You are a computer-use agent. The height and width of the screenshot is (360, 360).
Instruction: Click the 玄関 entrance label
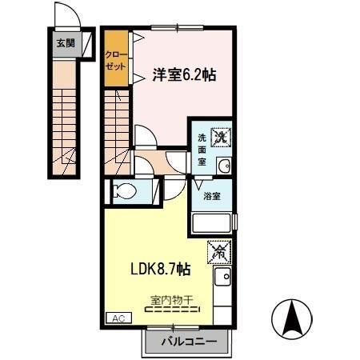point(66,43)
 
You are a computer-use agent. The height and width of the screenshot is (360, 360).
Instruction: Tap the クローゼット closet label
point(116,61)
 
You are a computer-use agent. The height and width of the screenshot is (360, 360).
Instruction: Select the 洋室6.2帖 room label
point(184,74)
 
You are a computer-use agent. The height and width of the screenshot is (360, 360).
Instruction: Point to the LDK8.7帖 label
point(161,269)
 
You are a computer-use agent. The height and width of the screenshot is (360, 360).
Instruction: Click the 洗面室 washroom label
point(202,150)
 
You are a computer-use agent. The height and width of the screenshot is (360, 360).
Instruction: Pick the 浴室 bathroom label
point(212,196)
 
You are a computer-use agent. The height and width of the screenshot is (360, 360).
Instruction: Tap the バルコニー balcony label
point(189,342)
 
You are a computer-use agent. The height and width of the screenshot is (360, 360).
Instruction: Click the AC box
point(119,318)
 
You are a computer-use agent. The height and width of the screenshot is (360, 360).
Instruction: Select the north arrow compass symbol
point(292,319)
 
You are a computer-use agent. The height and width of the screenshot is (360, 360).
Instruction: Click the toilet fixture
point(124,191)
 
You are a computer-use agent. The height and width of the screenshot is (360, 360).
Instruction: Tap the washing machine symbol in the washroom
point(221,137)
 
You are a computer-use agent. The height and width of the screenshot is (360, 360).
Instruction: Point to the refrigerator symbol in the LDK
point(219,252)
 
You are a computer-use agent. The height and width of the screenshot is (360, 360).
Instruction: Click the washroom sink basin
point(224,166)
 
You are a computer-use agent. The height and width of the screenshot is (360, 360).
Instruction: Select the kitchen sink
point(223,277)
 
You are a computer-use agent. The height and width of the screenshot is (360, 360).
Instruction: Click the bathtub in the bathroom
point(211,223)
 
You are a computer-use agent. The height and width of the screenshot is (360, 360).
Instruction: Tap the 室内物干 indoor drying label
point(172,300)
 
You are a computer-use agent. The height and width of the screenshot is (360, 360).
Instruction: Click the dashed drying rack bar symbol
point(173,310)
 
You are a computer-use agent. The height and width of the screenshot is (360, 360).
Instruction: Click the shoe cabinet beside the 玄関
point(88,44)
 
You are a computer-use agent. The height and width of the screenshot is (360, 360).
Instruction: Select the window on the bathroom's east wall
point(234,222)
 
